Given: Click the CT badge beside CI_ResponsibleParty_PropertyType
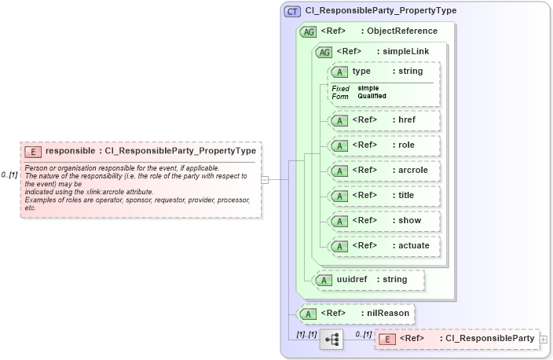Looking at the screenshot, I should click(x=292, y=11).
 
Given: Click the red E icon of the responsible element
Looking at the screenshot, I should click(x=33, y=151).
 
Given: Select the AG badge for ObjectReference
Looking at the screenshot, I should click(x=308, y=31).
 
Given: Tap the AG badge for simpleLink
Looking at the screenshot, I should click(x=323, y=52).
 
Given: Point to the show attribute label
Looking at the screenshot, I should click(x=406, y=220).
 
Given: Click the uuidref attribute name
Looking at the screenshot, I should click(x=352, y=279).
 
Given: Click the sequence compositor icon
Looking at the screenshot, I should click(x=331, y=340).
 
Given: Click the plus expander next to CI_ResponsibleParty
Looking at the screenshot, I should click(x=544, y=339).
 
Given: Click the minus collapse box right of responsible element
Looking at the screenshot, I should click(x=265, y=179).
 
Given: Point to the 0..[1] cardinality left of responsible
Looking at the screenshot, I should click(x=9, y=174).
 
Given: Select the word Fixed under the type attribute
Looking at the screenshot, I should click(x=340, y=88).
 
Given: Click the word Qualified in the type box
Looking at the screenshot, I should click(x=372, y=96).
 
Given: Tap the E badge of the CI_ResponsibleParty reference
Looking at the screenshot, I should click(x=386, y=339).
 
